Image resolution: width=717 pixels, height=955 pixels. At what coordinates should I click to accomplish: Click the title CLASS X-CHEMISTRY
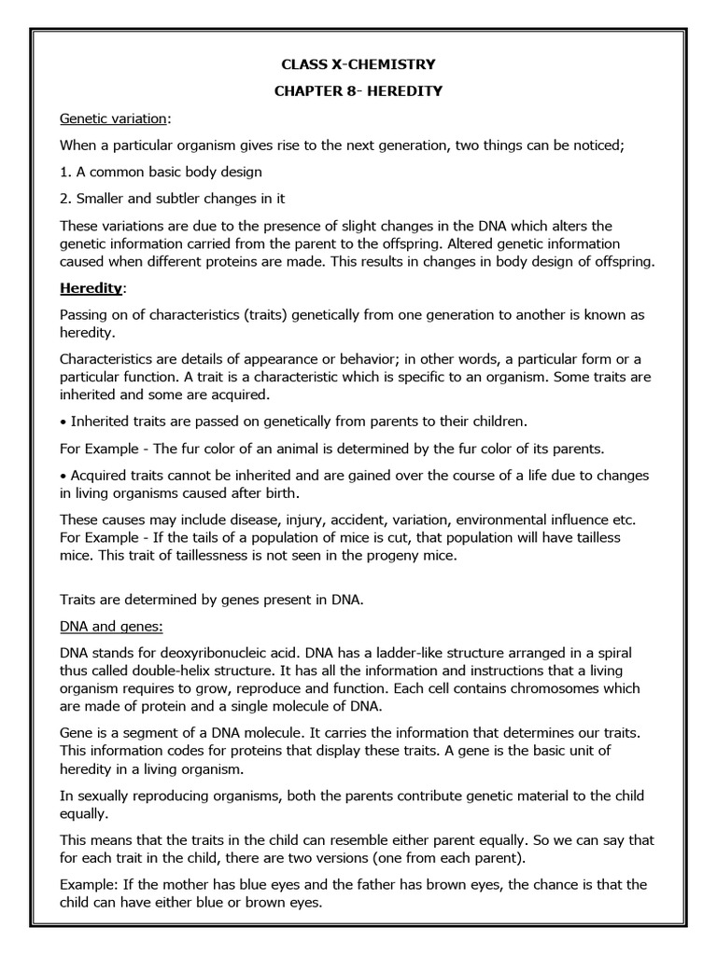click(x=358, y=64)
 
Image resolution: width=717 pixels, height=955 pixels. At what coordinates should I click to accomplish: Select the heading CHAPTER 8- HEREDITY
click(x=358, y=91)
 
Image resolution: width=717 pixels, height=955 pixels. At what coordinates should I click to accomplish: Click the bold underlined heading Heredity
click(x=91, y=288)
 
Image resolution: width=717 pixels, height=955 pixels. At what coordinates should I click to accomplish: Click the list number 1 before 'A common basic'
click(x=64, y=173)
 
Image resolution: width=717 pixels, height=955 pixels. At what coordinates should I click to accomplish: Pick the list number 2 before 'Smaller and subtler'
click(x=64, y=199)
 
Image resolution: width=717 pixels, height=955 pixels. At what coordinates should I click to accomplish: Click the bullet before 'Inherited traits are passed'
click(x=63, y=422)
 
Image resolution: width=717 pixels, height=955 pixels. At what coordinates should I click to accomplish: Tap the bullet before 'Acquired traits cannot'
click(x=63, y=476)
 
